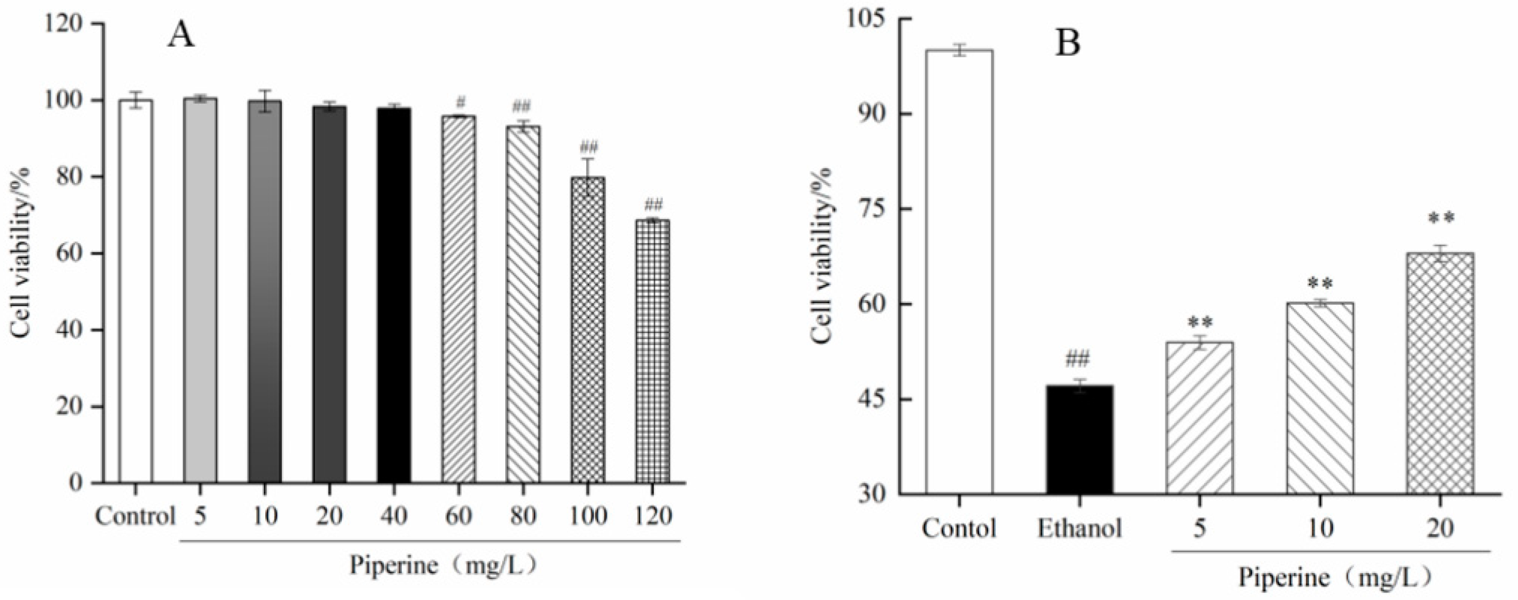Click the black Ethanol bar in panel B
1079,439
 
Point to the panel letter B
1067,44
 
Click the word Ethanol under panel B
1079,528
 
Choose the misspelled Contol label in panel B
959,528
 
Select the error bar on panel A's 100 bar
588,176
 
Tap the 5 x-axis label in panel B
1198,528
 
